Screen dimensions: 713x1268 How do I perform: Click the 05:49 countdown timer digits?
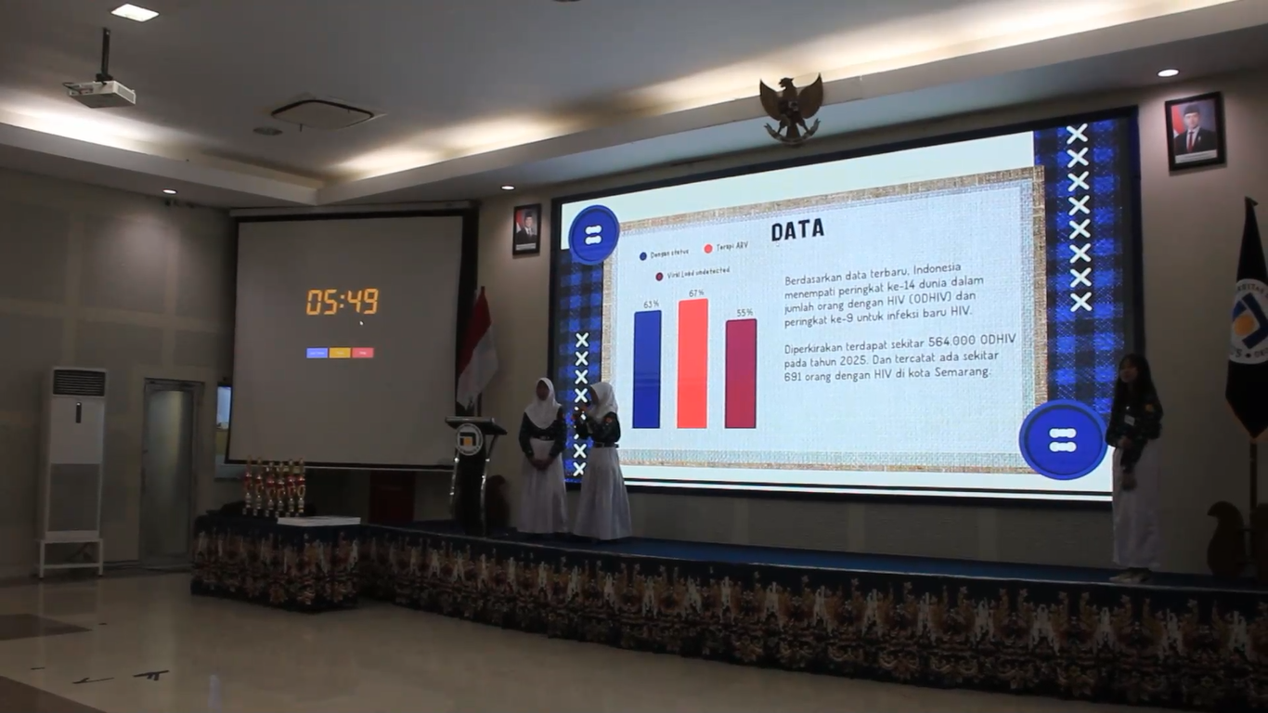(342, 301)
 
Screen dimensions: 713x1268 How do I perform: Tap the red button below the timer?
(363, 353)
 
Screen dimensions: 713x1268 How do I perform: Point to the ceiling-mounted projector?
(101, 91)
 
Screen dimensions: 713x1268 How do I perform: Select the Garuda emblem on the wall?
(791, 107)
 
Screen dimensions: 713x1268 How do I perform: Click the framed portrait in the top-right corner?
(1194, 131)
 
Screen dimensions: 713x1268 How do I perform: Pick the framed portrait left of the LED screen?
(526, 229)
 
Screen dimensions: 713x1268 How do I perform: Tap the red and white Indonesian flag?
(477, 348)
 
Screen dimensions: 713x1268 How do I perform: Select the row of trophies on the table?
(274, 486)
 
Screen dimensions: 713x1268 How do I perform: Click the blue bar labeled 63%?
(647, 369)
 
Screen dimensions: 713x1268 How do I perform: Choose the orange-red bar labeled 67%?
(692, 363)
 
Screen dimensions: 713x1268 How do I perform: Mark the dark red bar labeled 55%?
(741, 373)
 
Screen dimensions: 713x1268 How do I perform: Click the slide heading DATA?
(797, 229)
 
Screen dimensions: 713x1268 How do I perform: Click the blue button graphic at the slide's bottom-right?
(1063, 440)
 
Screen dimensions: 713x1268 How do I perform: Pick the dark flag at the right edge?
(1249, 325)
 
